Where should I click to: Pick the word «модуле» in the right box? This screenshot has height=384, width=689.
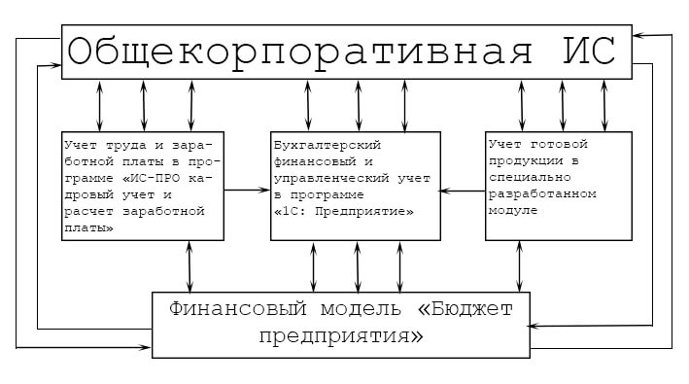[512, 210]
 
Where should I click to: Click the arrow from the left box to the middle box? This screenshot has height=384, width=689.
[248, 191]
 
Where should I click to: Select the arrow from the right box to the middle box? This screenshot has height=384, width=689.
[462, 192]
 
